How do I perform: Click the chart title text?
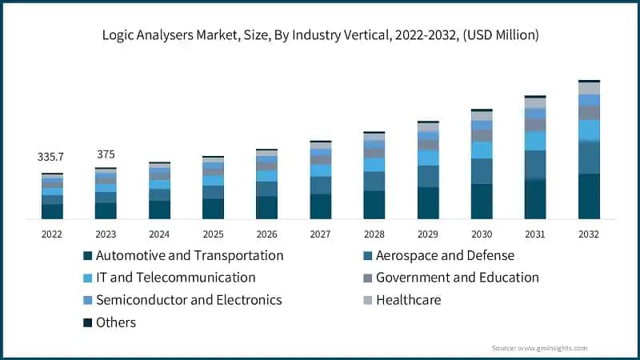tap(320, 35)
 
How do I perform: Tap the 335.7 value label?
tap(52, 158)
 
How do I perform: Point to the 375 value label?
tap(106, 154)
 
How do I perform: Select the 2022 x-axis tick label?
tap(52, 234)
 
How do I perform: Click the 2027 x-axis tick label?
tap(320, 234)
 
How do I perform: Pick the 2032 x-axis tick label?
tap(589, 234)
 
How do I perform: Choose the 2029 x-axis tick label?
tap(427, 234)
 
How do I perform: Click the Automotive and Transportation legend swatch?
tap(87, 256)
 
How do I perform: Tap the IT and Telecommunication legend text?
tap(175, 278)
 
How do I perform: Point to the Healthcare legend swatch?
tap(367, 301)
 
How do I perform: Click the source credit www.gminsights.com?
tap(539, 348)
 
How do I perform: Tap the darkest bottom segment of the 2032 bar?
tap(589, 196)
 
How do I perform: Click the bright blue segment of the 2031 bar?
tap(535, 141)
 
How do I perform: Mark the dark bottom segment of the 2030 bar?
tap(482, 202)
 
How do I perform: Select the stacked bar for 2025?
tap(213, 188)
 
